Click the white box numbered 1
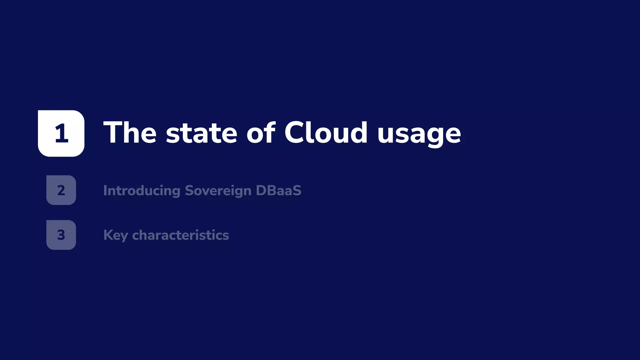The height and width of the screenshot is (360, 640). pyautogui.click(x=61, y=133)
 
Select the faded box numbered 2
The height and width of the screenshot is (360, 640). pyautogui.click(x=61, y=190)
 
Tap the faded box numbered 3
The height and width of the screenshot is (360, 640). pyautogui.click(x=61, y=235)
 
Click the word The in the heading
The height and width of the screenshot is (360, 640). pyautogui.click(x=130, y=133)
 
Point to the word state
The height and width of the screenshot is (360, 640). pyautogui.click(x=202, y=133)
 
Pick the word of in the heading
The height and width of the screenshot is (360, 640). pyautogui.click(x=261, y=133)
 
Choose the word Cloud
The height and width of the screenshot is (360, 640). pyautogui.click(x=326, y=133)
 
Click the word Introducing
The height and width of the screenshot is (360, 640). pyautogui.click(x=142, y=191)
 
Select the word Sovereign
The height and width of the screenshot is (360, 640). pyautogui.click(x=218, y=191)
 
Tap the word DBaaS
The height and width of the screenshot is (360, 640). pyautogui.click(x=278, y=190)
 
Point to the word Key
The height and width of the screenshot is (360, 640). pyautogui.click(x=115, y=235)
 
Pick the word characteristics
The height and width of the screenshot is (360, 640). pyautogui.click(x=180, y=235)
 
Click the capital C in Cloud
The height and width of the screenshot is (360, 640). pyautogui.click(x=295, y=132)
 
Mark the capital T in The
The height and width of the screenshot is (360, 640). pyautogui.click(x=113, y=133)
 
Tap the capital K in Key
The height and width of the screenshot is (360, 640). pyautogui.click(x=107, y=235)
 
